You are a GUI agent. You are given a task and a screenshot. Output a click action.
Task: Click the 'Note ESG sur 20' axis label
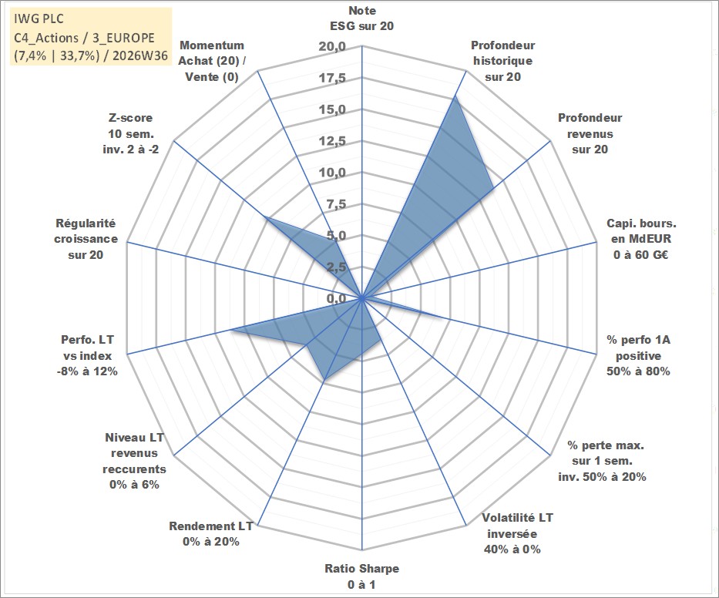tap(361, 18)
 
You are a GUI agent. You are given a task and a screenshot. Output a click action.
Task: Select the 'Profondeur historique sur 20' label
tap(502, 61)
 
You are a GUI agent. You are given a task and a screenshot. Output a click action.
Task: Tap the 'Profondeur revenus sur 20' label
tap(590, 133)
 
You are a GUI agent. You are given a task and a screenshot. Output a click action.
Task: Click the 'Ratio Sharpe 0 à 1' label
tap(361, 576)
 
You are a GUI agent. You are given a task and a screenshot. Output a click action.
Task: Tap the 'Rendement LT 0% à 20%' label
tap(211, 534)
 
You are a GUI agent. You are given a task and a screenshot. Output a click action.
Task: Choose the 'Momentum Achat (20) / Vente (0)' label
tap(211, 61)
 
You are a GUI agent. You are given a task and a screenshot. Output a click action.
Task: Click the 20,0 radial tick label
tap(332, 47)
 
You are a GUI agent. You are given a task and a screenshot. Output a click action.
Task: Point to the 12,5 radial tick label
tap(332, 141)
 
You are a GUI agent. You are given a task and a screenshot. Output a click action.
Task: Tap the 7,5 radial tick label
tap(336, 204)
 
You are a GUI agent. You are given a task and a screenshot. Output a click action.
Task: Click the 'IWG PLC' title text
tap(39, 18)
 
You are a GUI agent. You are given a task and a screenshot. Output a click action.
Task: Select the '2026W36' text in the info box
tap(140, 55)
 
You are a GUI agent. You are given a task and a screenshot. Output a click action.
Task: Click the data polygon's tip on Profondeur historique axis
tap(455, 96)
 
